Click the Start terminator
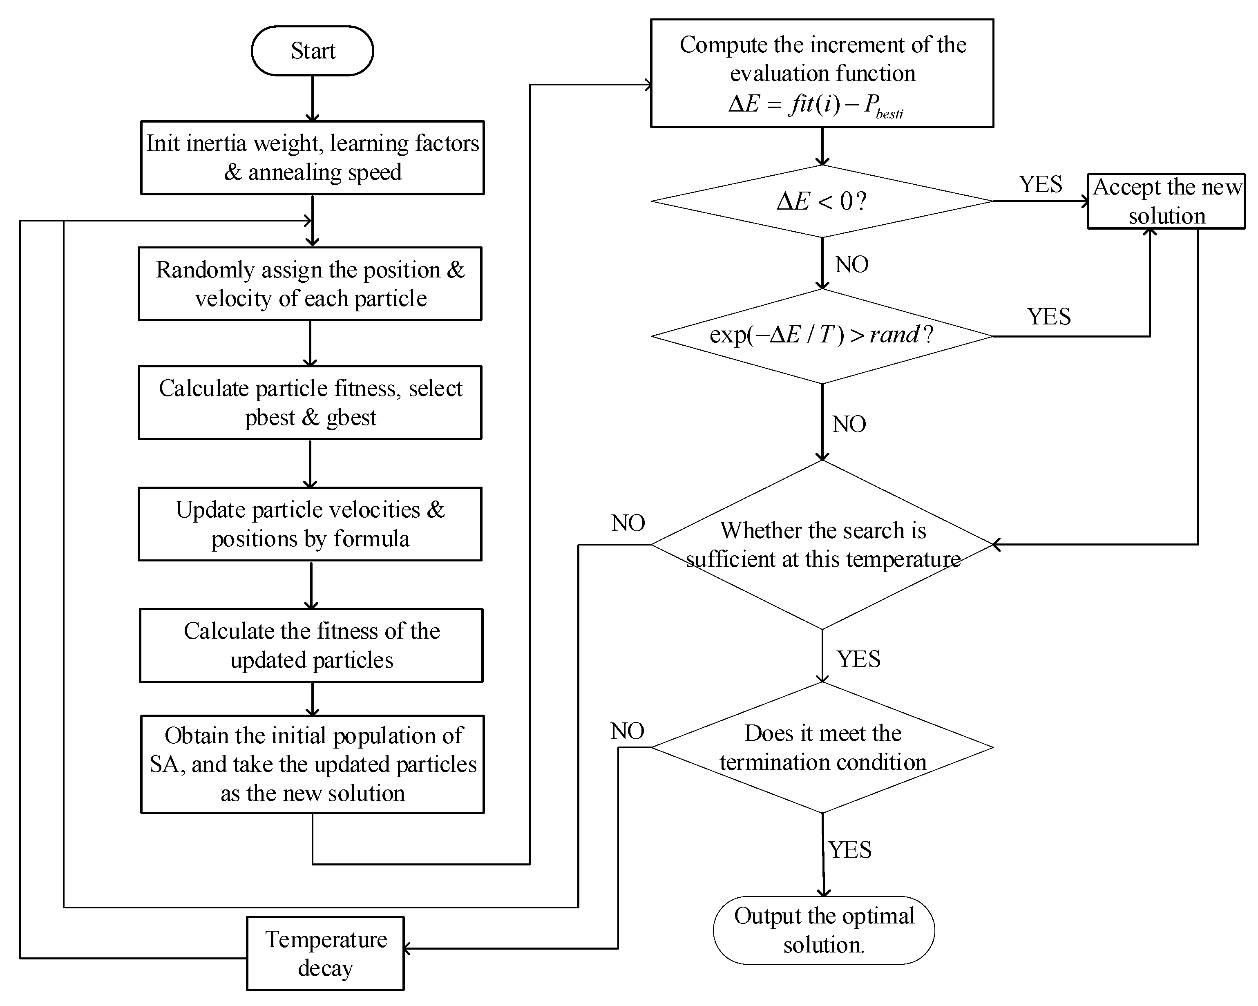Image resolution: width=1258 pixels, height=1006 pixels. [x=312, y=51]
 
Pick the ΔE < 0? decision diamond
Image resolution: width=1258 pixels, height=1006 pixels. [x=822, y=201]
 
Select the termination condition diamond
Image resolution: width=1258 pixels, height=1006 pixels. [x=822, y=747]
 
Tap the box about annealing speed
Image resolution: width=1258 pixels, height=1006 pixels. [x=312, y=158]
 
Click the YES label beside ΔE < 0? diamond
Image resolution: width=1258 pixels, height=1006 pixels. [x=1040, y=184]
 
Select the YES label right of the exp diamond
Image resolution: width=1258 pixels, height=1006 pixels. [x=1048, y=317]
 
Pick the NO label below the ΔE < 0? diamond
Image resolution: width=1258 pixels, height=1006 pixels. [x=851, y=264]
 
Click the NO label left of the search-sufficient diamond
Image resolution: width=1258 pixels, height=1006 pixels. [x=628, y=523]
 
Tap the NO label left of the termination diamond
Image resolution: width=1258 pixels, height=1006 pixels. [x=627, y=731]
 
